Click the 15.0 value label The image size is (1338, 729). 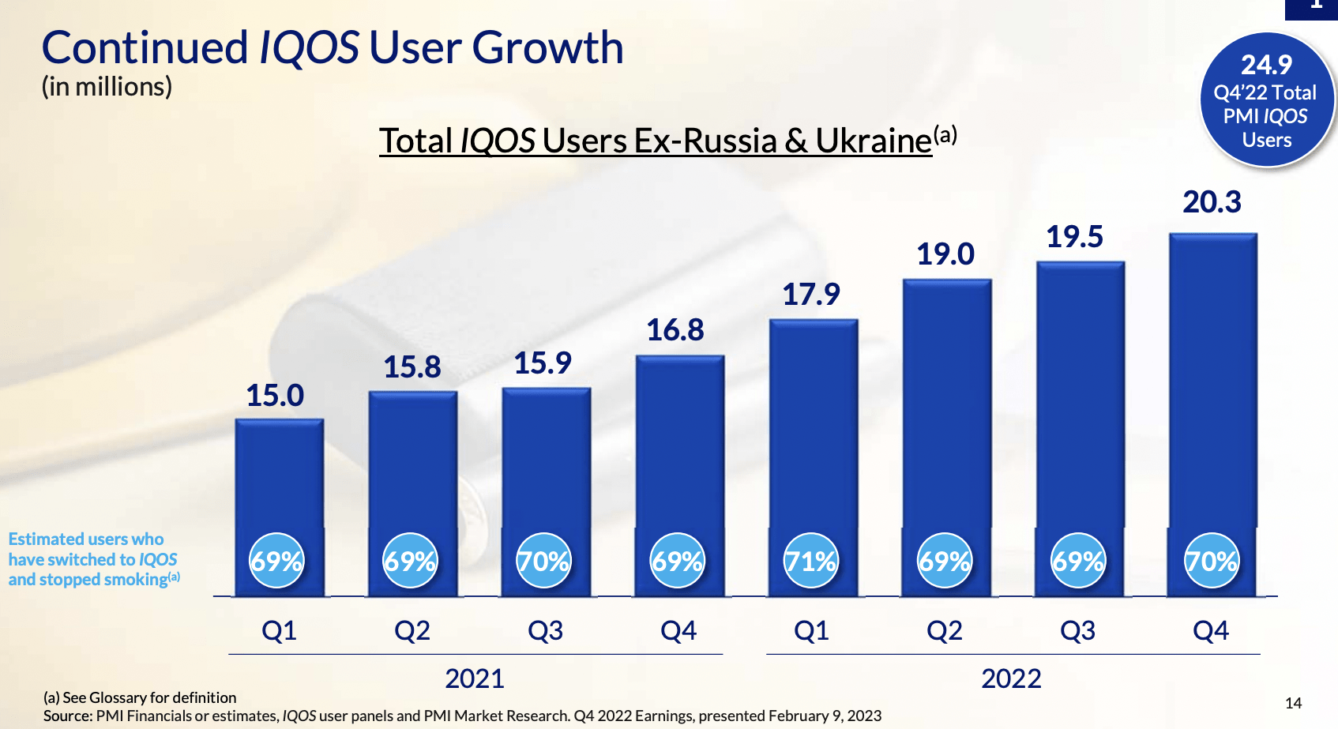[x=275, y=396]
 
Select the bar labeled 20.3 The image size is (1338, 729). [x=1212, y=379]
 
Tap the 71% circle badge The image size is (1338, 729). [x=810, y=561]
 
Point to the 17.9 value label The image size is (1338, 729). [x=811, y=295]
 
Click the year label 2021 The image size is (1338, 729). [x=474, y=678]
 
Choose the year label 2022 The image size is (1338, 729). [x=1011, y=678]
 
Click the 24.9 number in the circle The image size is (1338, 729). [x=1266, y=65]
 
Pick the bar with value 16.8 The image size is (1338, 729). [x=679, y=442]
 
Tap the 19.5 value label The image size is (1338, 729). [x=1074, y=237]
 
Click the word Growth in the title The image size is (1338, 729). [x=548, y=47]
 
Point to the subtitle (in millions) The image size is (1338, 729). [x=107, y=87]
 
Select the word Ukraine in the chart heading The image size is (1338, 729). [x=874, y=141]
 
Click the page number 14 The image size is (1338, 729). [x=1293, y=703]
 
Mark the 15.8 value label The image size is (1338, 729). [x=412, y=367]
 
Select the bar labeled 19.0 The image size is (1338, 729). [x=946, y=403]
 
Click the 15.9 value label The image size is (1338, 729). [x=543, y=363]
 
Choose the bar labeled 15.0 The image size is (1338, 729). [x=279, y=474]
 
